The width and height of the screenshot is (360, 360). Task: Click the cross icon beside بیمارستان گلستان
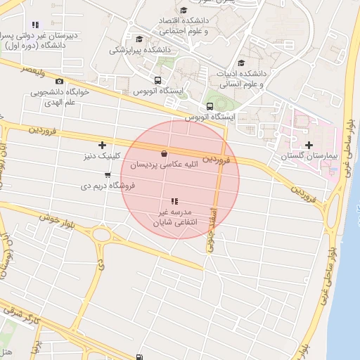[x=309, y=145]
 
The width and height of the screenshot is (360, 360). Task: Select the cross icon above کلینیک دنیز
[x=102, y=145]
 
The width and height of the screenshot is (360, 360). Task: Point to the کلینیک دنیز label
[x=103, y=155]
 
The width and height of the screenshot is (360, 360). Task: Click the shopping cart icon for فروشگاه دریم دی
[x=108, y=175]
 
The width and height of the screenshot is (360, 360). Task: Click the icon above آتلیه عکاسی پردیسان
[x=164, y=154]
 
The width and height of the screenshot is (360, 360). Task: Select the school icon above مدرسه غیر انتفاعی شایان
[x=174, y=202]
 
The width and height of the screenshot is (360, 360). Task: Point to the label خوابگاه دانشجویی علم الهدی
[x=58, y=96]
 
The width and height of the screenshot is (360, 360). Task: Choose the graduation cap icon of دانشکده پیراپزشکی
[x=139, y=39]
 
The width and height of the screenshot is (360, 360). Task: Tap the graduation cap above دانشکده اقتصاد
[x=184, y=11]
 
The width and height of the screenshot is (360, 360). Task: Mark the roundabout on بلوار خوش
[x=101, y=235]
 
